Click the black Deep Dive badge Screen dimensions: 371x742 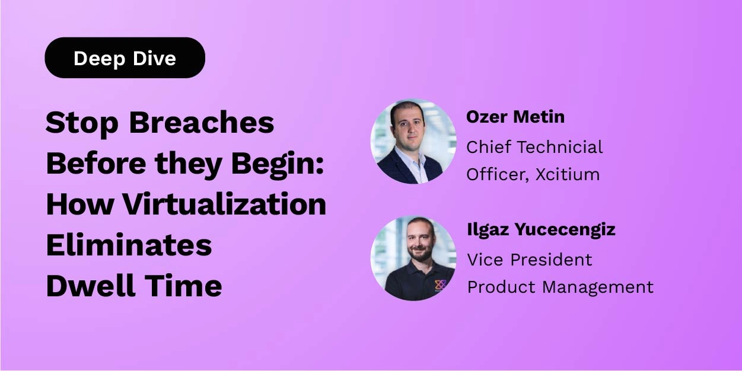click(125, 58)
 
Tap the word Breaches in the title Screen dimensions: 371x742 click(201, 123)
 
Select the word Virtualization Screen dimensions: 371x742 click(224, 204)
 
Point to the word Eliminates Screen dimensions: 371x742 click(129, 245)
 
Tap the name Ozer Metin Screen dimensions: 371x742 click(515, 117)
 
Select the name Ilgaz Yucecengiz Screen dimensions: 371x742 click(541, 229)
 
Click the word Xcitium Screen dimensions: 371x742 click(569, 174)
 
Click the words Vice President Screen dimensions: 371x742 click(530, 260)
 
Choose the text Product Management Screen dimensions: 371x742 click(560, 287)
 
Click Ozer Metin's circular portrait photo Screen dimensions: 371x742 click(413, 141)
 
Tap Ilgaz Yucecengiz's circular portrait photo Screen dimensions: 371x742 click(413, 258)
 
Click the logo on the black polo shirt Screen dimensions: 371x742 click(440, 285)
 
